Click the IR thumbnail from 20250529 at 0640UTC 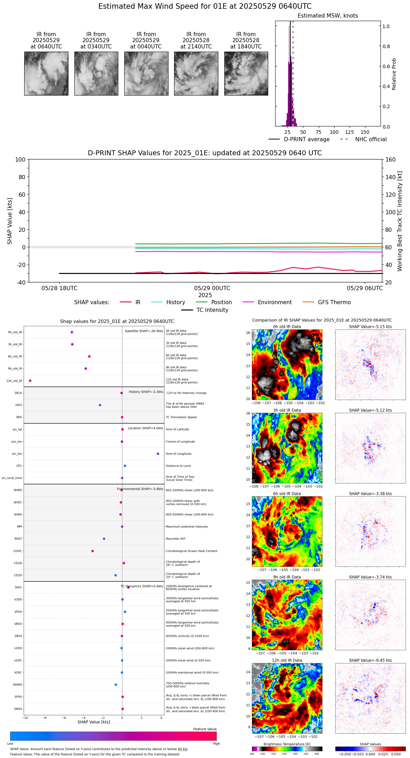[46, 73]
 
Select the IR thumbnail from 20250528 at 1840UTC [246, 73]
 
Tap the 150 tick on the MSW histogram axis [365, 132]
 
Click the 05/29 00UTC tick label [212, 288]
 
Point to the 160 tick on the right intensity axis [391, 159]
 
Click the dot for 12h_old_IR [30, 381]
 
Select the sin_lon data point [158, 454]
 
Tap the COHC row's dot [93, 551]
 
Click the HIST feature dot [100, 405]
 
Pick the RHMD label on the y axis [18, 685]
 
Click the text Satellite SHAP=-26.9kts [144, 331]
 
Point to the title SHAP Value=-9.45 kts [370, 660]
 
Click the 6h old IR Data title [287, 494]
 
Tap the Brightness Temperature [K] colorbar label [287, 744]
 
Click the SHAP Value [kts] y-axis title [10, 221]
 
